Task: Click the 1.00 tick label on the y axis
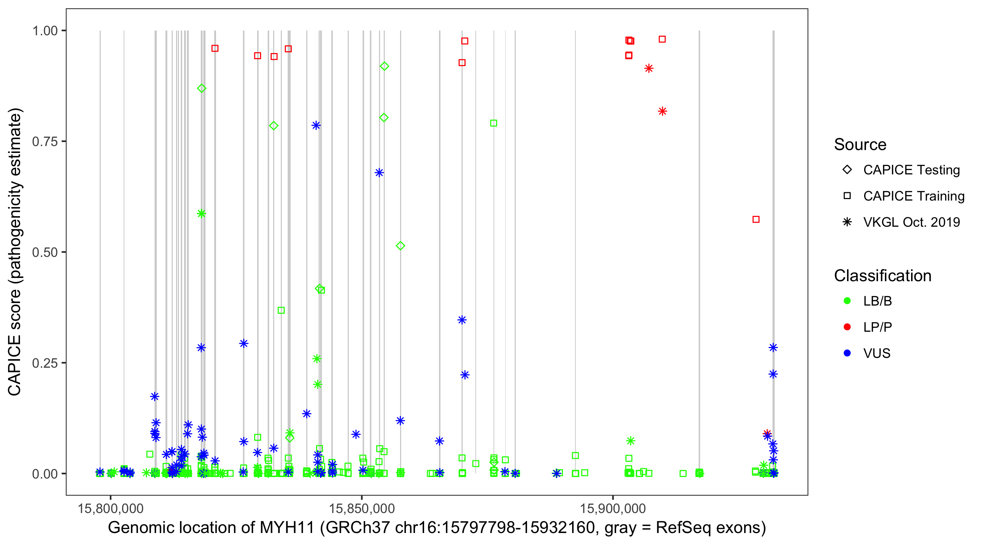coord(45,31)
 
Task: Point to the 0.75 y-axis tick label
coord(45,141)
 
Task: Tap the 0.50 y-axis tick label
coord(45,252)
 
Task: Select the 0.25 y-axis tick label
coord(45,363)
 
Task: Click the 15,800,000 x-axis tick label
coord(111,508)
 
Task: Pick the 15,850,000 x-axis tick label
coord(362,508)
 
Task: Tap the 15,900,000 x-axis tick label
coord(613,508)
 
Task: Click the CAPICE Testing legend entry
coord(911,170)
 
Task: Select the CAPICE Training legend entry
coord(913,196)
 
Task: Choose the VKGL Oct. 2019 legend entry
coord(911,222)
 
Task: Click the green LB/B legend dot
coord(847,301)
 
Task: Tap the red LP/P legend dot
coord(847,327)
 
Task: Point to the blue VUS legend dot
coord(847,353)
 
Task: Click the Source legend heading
coord(860,145)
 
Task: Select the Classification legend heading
coord(882,276)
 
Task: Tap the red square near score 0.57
coord(756,219)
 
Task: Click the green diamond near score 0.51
coord(400,246)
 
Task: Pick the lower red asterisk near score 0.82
coord(663,111)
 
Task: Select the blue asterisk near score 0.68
coord(379,173)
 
